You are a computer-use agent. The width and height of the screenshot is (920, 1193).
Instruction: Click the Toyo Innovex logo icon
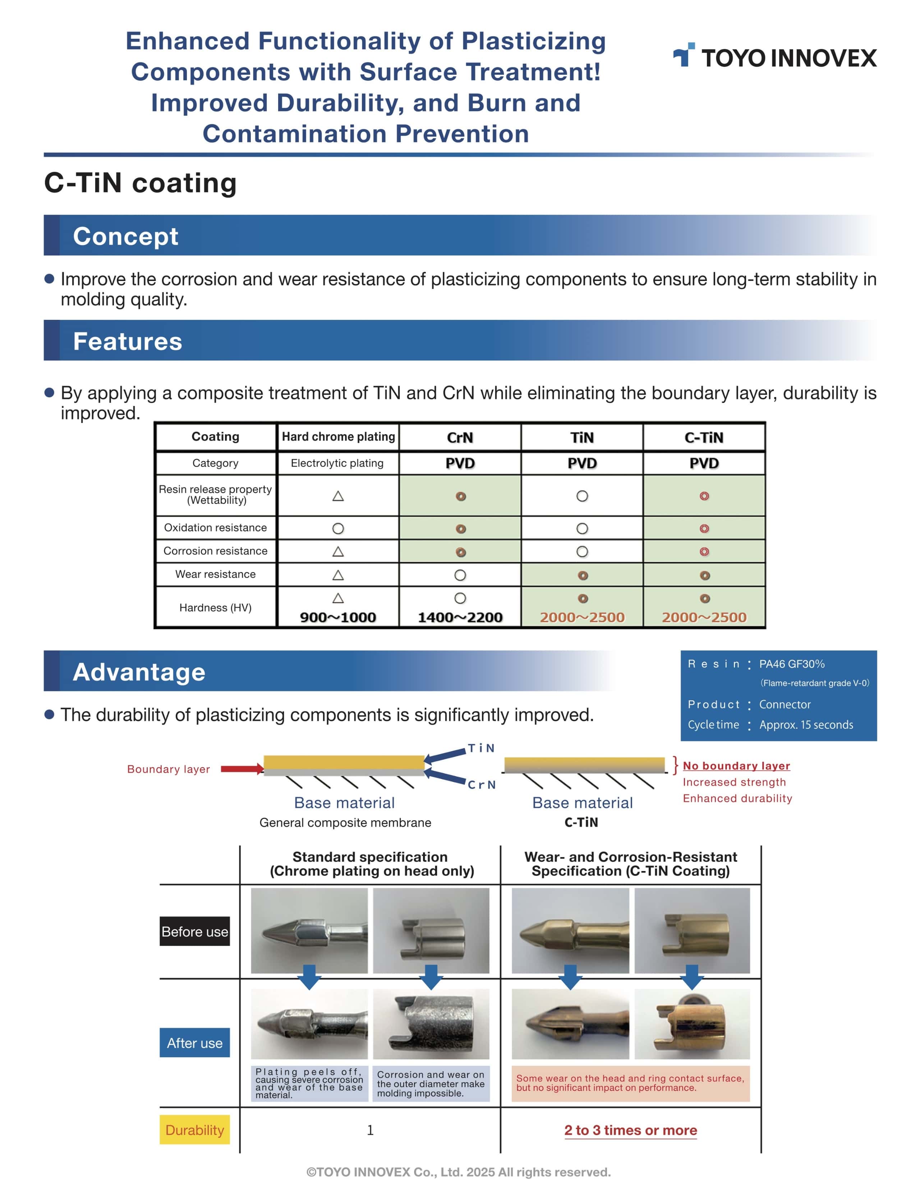point(684,55)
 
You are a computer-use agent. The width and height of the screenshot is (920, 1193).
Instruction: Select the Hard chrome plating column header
point(338,437)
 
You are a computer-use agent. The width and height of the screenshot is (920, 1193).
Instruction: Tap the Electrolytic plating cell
point(337,463)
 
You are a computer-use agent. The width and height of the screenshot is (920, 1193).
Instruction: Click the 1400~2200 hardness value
point(460,617)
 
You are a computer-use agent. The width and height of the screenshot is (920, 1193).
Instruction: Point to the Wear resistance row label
point(215,574)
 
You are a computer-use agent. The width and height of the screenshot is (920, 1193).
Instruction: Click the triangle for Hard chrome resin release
point(338,496)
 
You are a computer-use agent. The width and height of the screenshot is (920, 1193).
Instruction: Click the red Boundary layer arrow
point(242,769)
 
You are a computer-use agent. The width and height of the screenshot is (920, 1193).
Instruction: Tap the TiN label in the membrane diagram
point(481,748)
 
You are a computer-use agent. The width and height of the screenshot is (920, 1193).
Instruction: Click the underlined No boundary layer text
point(736,766)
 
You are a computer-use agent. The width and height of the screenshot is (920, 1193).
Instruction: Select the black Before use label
point(194,931)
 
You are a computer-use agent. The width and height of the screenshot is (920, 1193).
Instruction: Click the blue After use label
point(194,1043)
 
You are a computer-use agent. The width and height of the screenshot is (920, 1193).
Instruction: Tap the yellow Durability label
point(194,1130)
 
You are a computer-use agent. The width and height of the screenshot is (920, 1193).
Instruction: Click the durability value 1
point(370,1130)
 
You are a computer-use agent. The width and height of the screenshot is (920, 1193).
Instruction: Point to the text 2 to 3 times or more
point(630,1130)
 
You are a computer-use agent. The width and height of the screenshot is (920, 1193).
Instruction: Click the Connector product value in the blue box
point(785,705)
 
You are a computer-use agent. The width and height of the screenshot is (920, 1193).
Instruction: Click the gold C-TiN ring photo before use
point(692,930)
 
